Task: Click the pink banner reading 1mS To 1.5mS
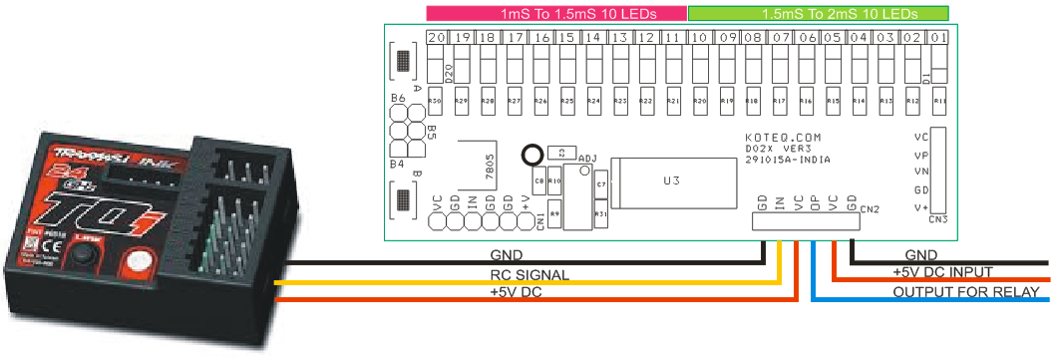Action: (556, 13)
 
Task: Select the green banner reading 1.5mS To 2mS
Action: (818, 13)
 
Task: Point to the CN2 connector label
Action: (870, 209)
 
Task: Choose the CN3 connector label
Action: (937, 218)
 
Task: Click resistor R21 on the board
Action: (673, 101)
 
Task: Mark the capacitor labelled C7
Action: (600, 185)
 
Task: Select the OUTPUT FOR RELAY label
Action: (966, 291)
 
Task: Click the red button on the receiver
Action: (139, 264)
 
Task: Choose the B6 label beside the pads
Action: (397, 98)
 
